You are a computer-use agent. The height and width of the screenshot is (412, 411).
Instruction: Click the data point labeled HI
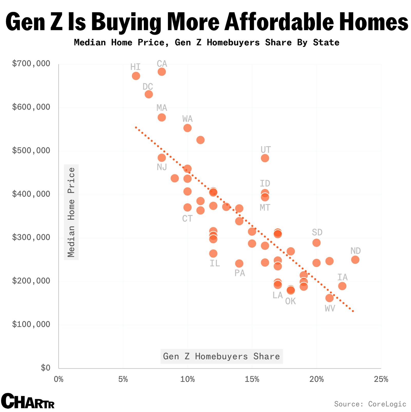tap(136, 76)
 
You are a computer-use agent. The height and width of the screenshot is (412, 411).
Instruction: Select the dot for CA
tap(162, 72)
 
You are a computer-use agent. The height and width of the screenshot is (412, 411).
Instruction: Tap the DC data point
tap(149, 94)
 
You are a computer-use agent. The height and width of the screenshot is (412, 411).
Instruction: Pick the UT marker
tap(265, 158)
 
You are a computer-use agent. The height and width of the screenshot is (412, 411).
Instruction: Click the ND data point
tap(355, 260)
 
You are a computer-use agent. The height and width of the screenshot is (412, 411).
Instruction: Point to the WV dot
tap(329, 298)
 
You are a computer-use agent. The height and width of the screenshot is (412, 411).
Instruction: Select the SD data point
tap(316, 243)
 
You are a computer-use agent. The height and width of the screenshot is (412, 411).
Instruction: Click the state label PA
tap(240, 273)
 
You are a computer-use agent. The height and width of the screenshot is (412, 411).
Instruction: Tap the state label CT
tap(187, 219)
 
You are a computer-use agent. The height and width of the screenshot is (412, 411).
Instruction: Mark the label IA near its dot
tap(342, 277)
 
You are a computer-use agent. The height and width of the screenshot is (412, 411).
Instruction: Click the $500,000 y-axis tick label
tap(31, 150)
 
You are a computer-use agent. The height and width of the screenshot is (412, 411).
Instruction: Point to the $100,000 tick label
tap(31, 324)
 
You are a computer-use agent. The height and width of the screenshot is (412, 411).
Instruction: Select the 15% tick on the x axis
tap(252, 379)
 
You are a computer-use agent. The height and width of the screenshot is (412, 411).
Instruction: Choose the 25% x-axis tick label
tap(381, 379)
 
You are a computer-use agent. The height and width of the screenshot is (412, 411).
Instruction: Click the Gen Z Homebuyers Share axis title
tap(221, 356)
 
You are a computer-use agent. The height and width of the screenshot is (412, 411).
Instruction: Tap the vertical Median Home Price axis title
tap(71, 212)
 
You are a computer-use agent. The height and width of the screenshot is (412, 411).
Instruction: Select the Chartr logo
tap(28, 401)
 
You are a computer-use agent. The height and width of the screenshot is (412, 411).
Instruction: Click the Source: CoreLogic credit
tap(370, 404)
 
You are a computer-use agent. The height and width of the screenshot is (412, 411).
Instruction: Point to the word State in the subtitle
tap(326, 42)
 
